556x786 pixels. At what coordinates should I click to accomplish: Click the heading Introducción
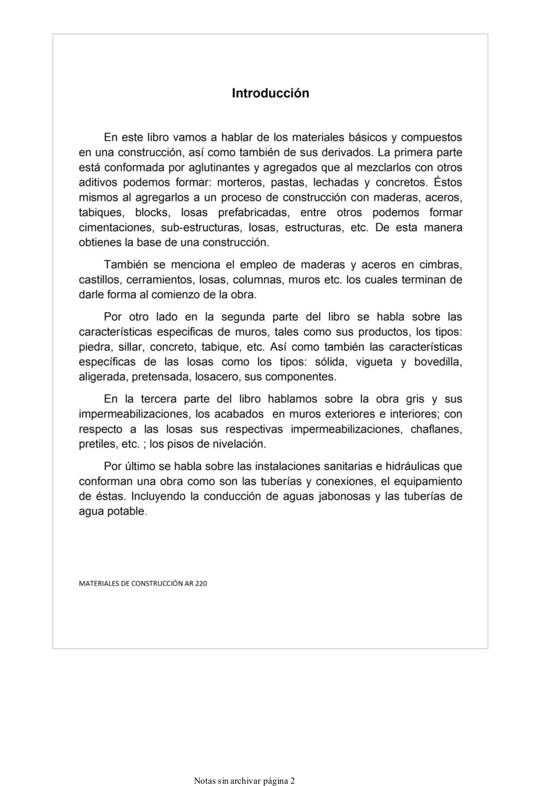coord(270,93)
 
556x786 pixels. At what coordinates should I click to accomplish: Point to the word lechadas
coord(335,182)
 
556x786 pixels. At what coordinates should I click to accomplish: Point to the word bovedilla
coord(438,362)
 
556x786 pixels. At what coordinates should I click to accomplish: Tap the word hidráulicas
coord(413,466)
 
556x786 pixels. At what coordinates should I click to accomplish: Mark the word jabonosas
coord(345,496)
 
